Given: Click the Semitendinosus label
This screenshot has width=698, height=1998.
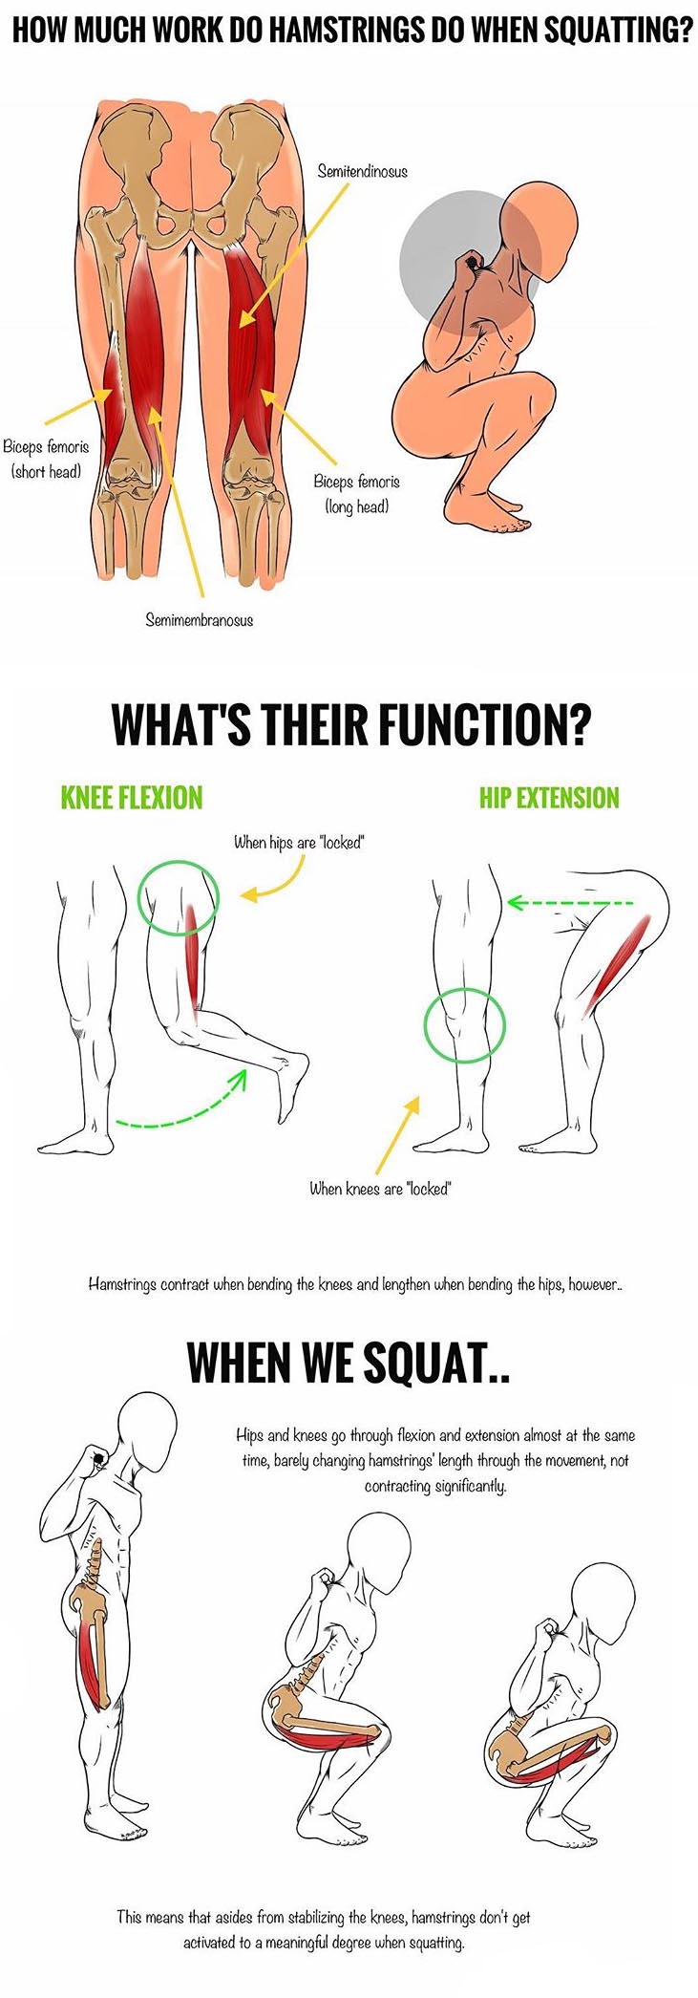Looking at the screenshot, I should (x=362, y=172).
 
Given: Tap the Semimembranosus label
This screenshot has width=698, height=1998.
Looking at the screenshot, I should (x=199, y=620).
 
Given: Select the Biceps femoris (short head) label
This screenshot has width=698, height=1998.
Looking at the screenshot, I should (x=46, y=459).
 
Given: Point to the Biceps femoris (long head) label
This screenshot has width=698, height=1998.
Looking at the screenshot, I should (x=356, y=494).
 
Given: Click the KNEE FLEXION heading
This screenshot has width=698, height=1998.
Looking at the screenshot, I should (x=132, y=798).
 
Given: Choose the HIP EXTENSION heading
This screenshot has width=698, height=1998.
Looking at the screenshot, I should (x=549, y=798).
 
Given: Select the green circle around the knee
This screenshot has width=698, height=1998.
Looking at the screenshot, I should (x=464, y=1026).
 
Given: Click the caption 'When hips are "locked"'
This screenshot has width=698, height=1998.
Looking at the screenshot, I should (x=300, y=843).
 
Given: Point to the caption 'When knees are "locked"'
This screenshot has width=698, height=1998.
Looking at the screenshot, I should (x=379, y=1189).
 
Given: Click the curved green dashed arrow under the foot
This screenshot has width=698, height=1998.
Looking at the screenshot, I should (x=181, y=1110).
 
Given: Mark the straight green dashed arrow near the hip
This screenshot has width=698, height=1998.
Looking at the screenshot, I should (x=569, y=902).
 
